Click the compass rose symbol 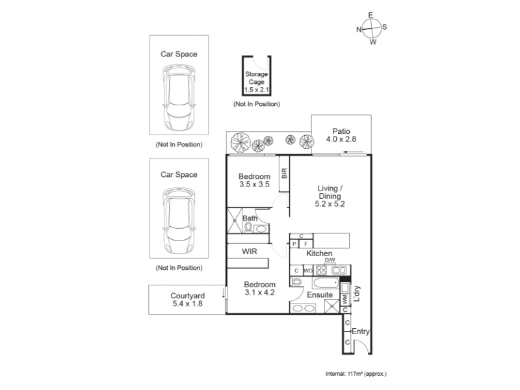(x=371, y=29)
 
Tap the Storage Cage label (x=257, y=78)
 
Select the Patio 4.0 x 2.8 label (x=341, y=135)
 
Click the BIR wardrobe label (x=284, y=174)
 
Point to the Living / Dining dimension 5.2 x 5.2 (x=330, y=204)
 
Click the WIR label (x=250, y=252)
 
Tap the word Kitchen (x=319, y=253)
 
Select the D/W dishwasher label (x=330, y=260)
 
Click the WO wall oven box (x=308, y=270)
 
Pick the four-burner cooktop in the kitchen (x=321, y=270)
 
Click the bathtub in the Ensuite (x=326, y=283)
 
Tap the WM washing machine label (x=345, y=300)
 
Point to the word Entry (x=361, y=331)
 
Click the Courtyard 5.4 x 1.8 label (x=187, y=300)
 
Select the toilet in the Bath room (x=248, y=227)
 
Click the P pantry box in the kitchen (x=294, y=244)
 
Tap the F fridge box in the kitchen (x=305, y=244)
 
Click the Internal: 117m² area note (x=356, y=374)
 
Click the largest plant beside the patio (x=240, y=142)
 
